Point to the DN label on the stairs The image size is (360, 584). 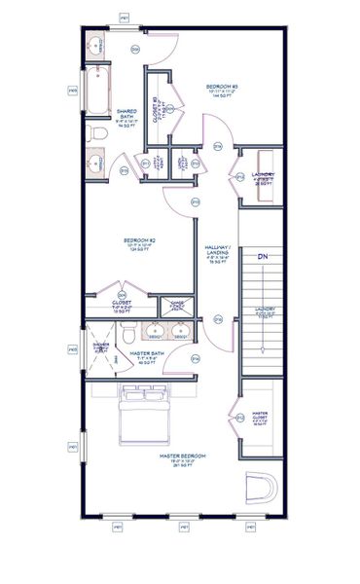[x=262, y=257]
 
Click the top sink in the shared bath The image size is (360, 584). [x=96, y=47]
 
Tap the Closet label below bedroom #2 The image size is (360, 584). [x=123, y=303]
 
